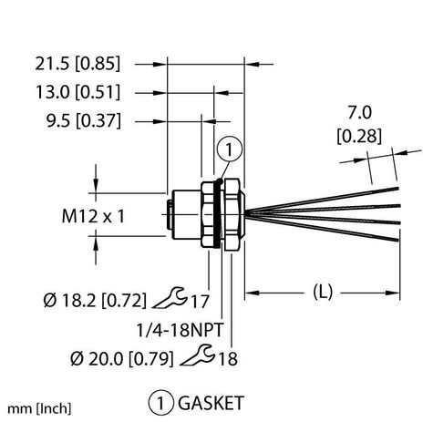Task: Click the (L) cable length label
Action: (x=322, y=292)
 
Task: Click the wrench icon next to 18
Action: (x=206, y=357)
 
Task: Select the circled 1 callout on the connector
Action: (x=227, y=150)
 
